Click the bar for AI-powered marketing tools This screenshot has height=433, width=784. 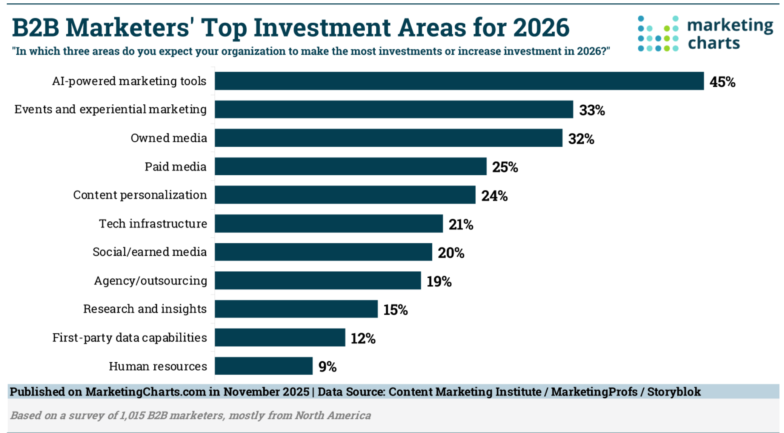click(x=459, y=81)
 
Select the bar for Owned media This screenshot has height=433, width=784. click(x=389, y=138)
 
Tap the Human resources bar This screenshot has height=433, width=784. click(x=264, y=366)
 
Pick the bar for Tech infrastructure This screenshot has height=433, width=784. click(x=329, y=224)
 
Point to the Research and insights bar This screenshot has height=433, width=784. click(x=296, y=309)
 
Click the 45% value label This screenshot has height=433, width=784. click(x=722, y=82)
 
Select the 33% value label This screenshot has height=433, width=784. click(x=592, y=110)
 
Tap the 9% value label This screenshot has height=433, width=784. click(x=327, y=367)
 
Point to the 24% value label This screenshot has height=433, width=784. click(x=494, y=196)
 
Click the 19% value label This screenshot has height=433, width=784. click(x=439, y=281)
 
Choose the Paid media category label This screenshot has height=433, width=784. click(x=175, y=167)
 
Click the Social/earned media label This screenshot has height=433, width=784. click(x=149, y=252)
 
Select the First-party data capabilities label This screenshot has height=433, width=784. click(x=129, y=337)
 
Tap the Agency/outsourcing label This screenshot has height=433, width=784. click(x=151, y=281)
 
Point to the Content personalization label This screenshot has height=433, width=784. click(x=140, y=195)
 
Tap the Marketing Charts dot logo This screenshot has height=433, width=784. click(x=658, y=33)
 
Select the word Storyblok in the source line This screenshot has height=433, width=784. click(x=674, y=392)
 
